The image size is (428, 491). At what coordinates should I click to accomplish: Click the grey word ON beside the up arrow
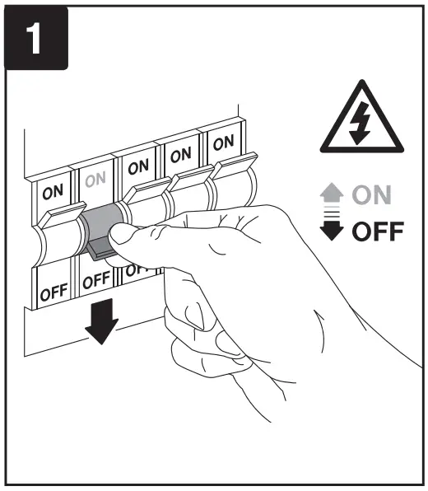click(x=375, y=196)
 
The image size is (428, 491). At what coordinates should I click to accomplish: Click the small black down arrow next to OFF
click(x=332, y=230)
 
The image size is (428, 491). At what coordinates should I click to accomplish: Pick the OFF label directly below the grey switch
click(x=98, y=283)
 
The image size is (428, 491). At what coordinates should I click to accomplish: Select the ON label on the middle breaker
click(x=138, y=165)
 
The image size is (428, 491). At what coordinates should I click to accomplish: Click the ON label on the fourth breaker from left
click(x=181, y=153)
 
